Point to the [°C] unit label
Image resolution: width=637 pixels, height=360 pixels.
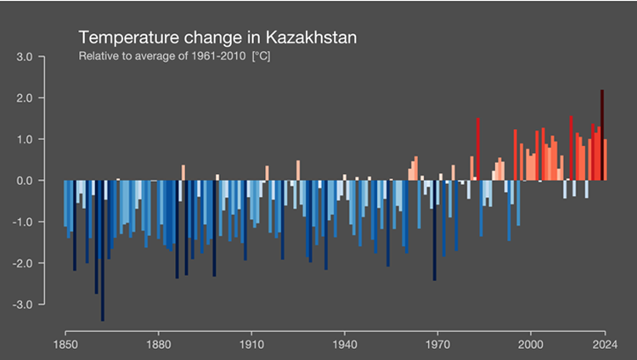coord(265,58)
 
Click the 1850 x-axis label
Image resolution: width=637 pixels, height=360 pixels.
coord(65,346)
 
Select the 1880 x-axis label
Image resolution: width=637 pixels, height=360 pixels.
coord(158,346)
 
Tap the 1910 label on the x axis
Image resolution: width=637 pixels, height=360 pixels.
coord(251,346)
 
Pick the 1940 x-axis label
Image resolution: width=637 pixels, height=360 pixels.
coord(344,346)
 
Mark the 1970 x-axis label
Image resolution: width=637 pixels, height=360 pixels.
coord(437,346)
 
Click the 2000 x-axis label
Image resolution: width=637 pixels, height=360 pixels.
coord(530,346)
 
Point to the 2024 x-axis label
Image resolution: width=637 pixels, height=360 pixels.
coord(604,346)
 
